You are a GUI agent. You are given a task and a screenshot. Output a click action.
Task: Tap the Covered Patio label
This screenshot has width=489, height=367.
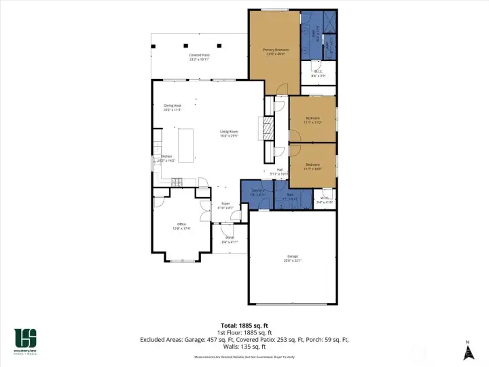pos(199,57)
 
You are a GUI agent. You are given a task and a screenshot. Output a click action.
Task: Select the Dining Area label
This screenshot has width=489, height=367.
pos(173,107)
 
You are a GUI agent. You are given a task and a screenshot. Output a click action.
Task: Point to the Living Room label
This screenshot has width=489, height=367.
pos(229,133)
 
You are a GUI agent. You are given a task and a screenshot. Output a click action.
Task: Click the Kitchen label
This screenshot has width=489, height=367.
pos(166,158)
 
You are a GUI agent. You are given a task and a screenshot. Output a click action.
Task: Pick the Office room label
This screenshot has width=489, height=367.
pos(181,226)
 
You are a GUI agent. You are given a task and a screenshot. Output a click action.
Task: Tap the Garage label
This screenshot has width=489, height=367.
pos(292,259)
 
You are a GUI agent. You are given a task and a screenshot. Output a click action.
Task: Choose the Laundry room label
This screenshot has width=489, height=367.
pos(257,192)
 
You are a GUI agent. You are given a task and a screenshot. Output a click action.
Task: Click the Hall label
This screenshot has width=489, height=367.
pos(280,171)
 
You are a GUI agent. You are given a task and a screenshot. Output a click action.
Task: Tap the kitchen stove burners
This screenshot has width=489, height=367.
pos(178,181)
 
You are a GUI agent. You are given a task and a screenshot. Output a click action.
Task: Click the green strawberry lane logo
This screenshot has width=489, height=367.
pos(26,338)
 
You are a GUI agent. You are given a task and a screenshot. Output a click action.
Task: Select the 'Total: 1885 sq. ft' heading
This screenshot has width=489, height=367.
pos(244,324)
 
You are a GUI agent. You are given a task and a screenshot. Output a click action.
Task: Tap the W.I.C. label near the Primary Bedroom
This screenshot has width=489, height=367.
pos(318,73)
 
